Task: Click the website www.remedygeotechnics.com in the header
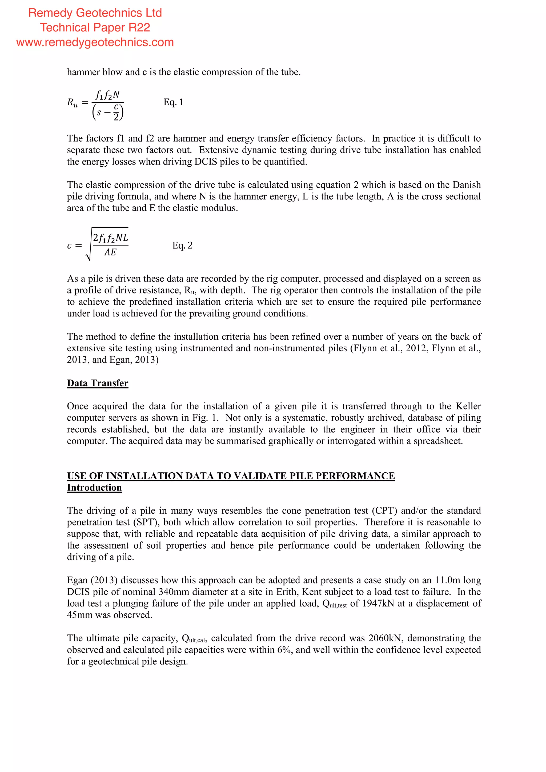pos(95,42)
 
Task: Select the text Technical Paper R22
pos(95,27)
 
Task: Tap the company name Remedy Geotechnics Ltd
pos(95,13)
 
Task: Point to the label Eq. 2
pos(182,246)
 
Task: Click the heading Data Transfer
pos(98,383)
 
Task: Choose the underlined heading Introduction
pos(94,488)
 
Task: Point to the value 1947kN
pos(378,604)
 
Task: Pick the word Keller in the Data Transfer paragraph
pos(468,406)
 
